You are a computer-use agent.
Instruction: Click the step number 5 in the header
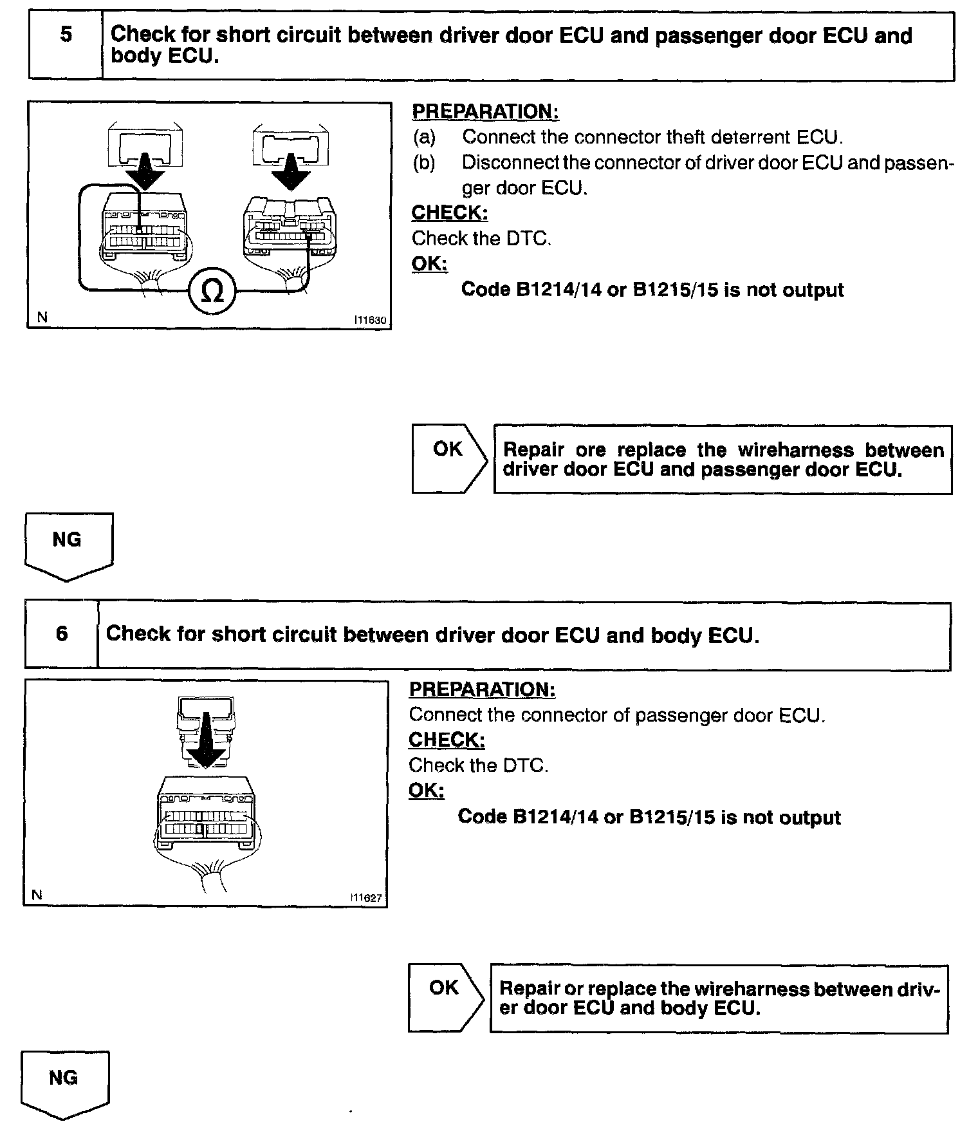(x=66, y=34)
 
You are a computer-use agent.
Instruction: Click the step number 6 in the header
(x=62, y=633)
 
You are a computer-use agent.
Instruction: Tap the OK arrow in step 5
(x=449, y=458)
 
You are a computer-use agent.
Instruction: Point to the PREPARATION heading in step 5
(x=485, y=111)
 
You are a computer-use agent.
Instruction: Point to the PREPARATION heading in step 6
(x=482, y=689)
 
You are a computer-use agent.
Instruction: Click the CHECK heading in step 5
(x=450, y=212)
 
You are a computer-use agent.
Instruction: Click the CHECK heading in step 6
(x=447, y=740)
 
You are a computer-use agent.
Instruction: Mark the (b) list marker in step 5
(x=424, y=163)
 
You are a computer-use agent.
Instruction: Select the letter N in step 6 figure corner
(x=37, y=895)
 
